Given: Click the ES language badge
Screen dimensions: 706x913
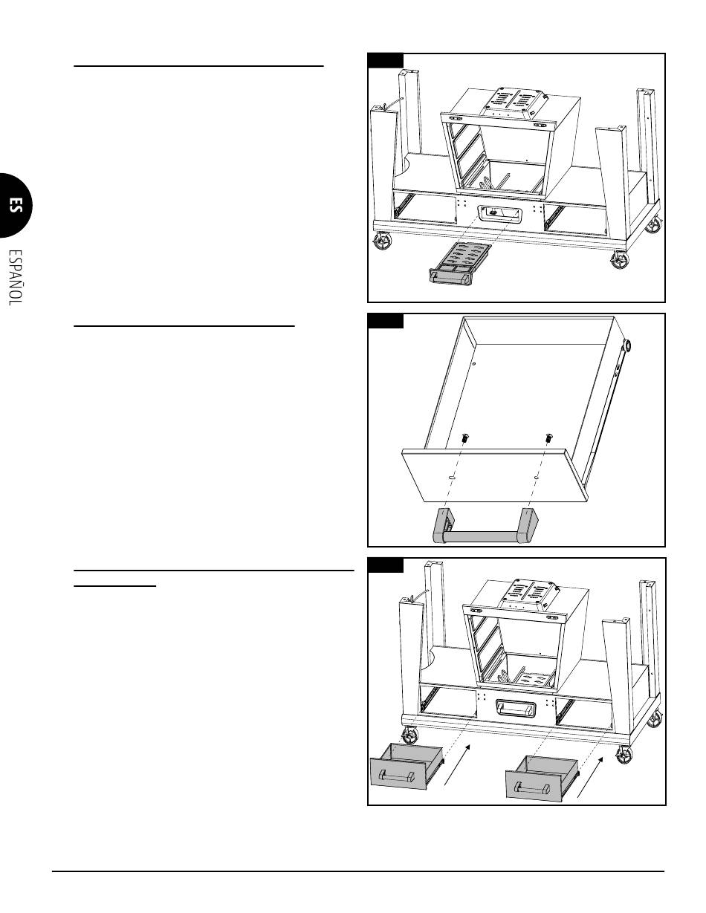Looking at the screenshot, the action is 15,205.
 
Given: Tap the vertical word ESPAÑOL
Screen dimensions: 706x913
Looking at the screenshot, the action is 16,278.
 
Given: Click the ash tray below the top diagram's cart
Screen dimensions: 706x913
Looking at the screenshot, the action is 459,264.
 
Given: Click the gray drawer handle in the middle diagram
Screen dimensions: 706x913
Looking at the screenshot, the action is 485,526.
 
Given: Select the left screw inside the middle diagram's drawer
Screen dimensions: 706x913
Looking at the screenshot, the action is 464,438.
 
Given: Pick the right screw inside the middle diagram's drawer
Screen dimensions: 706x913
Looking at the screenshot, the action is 548,438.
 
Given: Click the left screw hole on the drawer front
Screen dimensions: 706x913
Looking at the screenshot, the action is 450,477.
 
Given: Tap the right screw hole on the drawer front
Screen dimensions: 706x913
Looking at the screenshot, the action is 537,477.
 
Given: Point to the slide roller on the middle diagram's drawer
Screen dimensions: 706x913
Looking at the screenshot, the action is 626,345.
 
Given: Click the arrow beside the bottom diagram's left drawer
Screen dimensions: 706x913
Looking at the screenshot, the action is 457,764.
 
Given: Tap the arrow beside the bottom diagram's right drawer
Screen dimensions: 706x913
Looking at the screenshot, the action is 590,776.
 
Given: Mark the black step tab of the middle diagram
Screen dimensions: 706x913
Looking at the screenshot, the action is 386,321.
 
